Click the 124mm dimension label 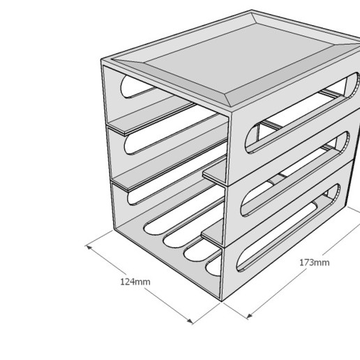(x=135, y=281)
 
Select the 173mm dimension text (x=314, y=262)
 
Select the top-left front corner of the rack (x=103, y=63)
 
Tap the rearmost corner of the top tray (x=253, y=12)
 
